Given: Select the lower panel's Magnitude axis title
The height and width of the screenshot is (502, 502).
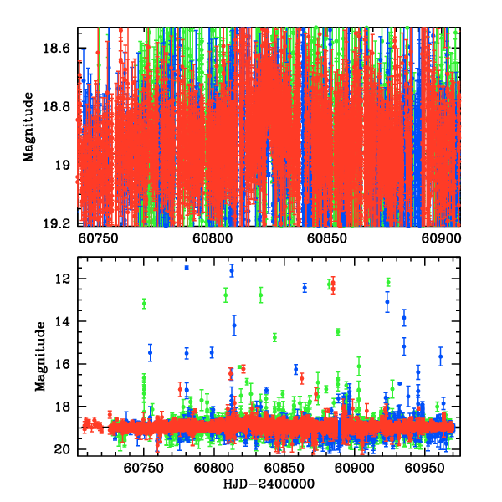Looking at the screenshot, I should (40, 356).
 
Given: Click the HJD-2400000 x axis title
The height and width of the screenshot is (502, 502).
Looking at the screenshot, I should (269, 483).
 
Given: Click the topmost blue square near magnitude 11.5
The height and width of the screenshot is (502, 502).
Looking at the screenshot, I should (187, 268).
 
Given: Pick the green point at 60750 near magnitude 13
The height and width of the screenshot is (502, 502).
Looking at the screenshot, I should (144, 304).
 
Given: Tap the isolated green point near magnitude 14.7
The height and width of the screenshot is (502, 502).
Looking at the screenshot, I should (274, 337).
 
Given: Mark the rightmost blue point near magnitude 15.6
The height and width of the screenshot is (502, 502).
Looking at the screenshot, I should (440, 356).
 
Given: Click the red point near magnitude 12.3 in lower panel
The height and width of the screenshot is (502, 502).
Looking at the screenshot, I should (332, 286).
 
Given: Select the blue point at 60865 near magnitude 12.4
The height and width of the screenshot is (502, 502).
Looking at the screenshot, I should (305, 287).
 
